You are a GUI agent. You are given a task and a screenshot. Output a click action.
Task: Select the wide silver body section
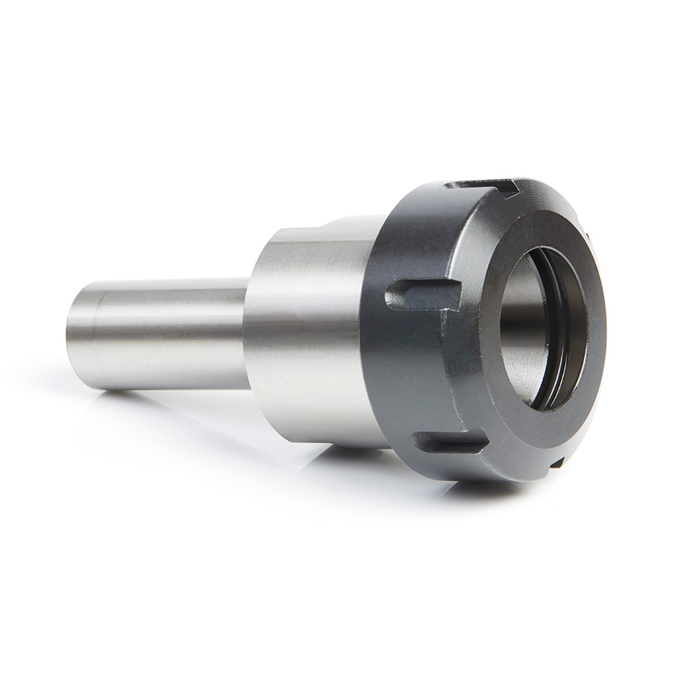(x=307, y=337)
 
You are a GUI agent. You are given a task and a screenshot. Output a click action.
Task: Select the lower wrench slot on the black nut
(x=450, y=442)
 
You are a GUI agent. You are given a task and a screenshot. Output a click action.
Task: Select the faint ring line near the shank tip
(x=96, y=334)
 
